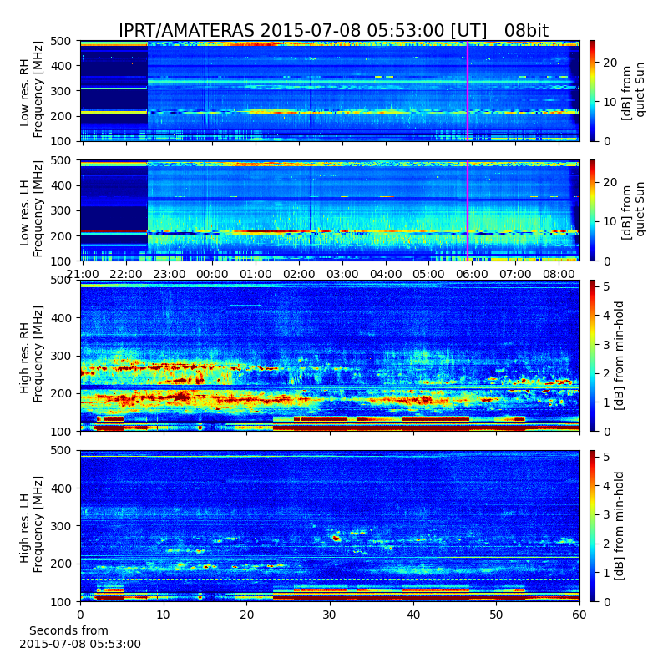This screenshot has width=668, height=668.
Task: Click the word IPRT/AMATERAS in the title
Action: (x=186, y=31)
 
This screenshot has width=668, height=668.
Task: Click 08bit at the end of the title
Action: (x=526, y=31)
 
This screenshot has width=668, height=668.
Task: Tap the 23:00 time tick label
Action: (x=170, y=274)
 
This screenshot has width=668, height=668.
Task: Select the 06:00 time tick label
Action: (x=472, y=274)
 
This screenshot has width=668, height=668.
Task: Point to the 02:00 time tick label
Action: (x=299, y=274)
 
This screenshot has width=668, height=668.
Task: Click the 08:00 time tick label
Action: (x=559, y=274)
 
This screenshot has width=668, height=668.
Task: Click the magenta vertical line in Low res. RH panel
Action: (x=468, y=91)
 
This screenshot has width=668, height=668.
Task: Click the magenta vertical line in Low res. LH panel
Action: (x=468, y=210)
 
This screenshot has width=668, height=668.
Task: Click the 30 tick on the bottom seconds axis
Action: (x=330, y=615)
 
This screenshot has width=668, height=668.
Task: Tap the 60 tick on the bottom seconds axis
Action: (x=579, y=615)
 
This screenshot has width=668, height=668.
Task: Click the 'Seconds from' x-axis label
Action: (x=68, y=630)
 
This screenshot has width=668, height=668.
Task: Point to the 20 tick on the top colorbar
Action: (x=610, y=63)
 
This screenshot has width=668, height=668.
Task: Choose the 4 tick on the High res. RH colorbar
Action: (x=607, y=316)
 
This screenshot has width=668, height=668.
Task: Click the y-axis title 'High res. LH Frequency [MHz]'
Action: (x=32, y=525)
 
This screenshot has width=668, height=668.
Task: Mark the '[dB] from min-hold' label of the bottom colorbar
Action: (x=619, y=526)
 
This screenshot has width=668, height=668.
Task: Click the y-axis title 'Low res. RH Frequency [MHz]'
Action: (x=32, y=90)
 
